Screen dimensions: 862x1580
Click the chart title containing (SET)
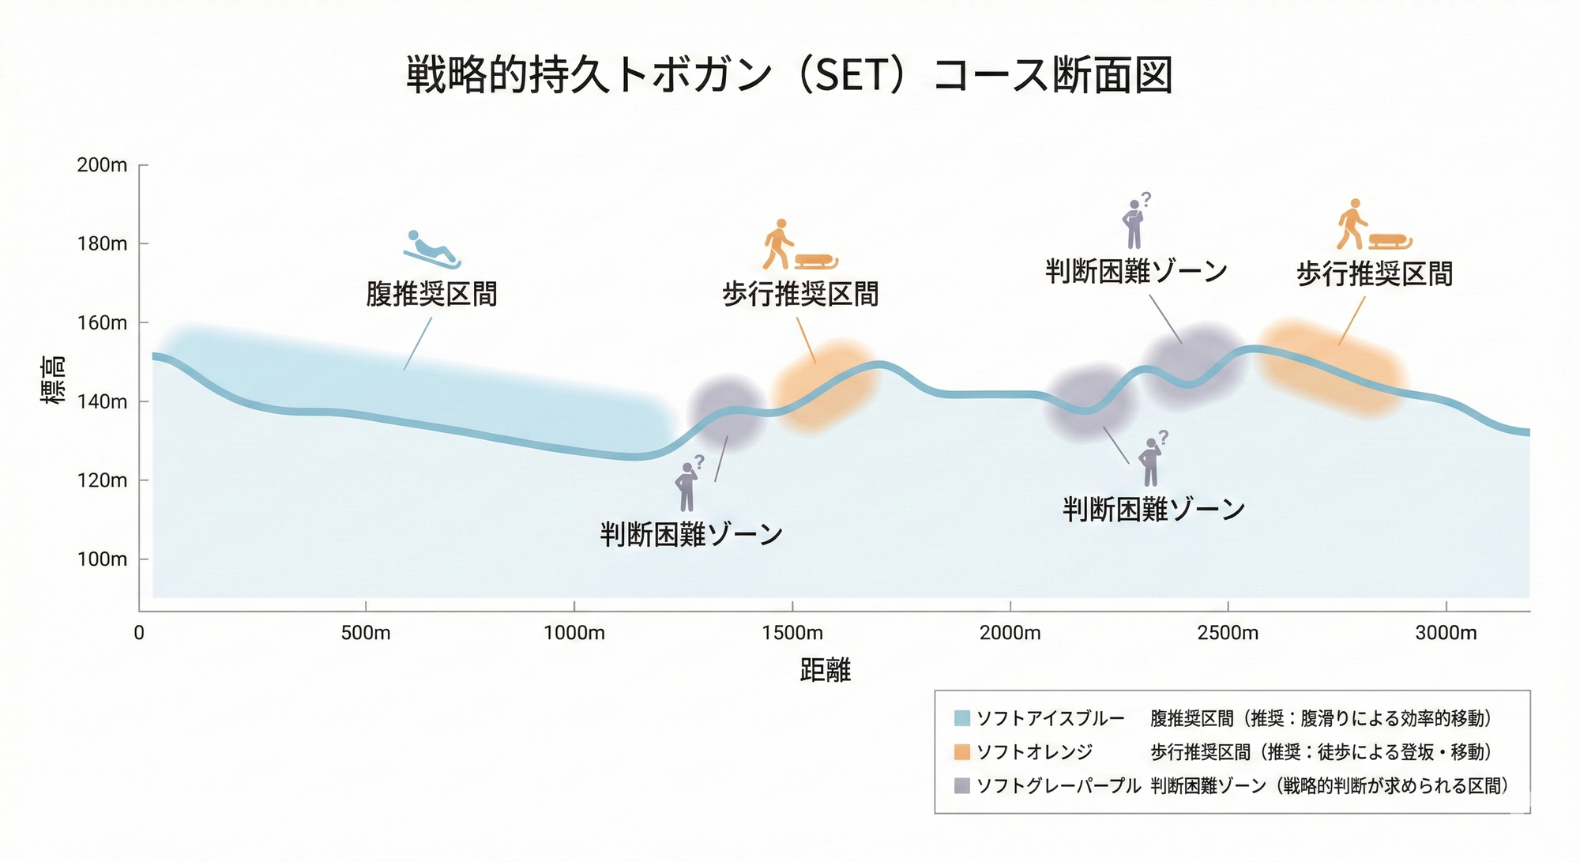click(x=788, y=75)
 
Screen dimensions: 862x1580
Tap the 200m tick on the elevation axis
click(x=102, y=165)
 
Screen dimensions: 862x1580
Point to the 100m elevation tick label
click(x=102, y=559)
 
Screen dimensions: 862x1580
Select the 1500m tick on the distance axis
click(x=792, y=633)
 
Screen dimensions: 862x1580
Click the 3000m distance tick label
click(x=1446, y=633)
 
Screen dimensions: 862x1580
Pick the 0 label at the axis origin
click(x=139, y=633)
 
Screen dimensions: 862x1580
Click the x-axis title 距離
click(x=825, y=671)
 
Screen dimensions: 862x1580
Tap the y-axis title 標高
click(x=53, y=381)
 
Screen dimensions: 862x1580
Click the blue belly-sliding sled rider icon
click(x=431, y=250)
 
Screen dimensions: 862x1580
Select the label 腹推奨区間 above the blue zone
click(x=431, y=294)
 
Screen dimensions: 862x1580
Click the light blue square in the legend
click(x=961, y=718)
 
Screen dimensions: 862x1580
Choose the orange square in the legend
click(x=961, y=751)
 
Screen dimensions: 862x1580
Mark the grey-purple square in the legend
click(x=961, y=785)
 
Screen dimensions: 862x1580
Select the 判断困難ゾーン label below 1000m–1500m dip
click(x=691, y=535)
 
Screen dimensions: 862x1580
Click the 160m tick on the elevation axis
click(x=102, y=323)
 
